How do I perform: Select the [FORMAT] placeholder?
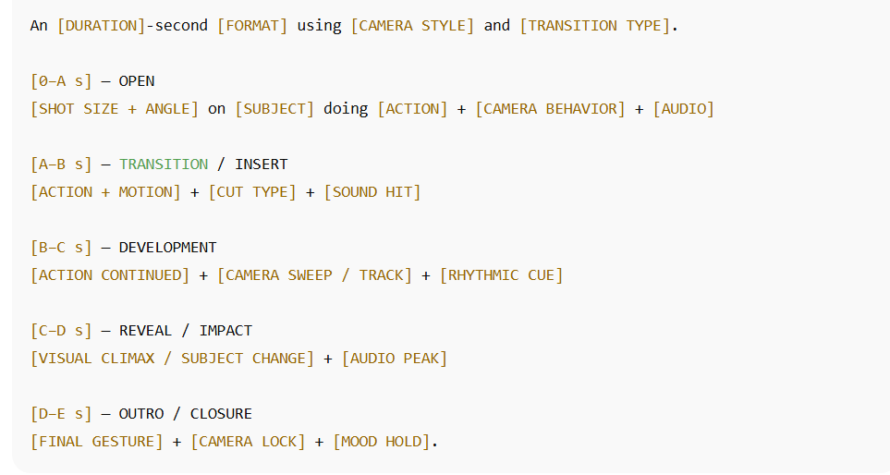[x=252, y=26]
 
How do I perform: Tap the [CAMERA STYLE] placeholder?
[x=412, y=26]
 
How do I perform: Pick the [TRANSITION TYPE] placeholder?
[x=594, y=26]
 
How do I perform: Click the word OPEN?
[x=137, y=81]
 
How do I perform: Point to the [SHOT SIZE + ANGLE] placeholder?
[x=115, y=109]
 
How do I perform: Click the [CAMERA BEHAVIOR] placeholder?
[x=550, y=109]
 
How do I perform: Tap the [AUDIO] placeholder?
[x=683, y=109]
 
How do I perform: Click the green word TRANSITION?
[x=164, y=164]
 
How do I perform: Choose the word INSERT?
[x=262, y=164]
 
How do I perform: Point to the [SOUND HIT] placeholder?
[x=372, y=192]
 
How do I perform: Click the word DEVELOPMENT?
[x=168, y=248]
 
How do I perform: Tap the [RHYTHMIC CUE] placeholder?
[x=501, y=275]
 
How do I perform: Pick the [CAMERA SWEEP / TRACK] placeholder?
[x=314, y=275]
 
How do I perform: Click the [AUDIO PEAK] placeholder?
[x=395, y=359]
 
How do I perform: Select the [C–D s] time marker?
[x=62, y=331]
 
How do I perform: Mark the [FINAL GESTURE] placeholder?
[x=97, y=442]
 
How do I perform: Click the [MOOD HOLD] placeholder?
[x=382, y=442]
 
